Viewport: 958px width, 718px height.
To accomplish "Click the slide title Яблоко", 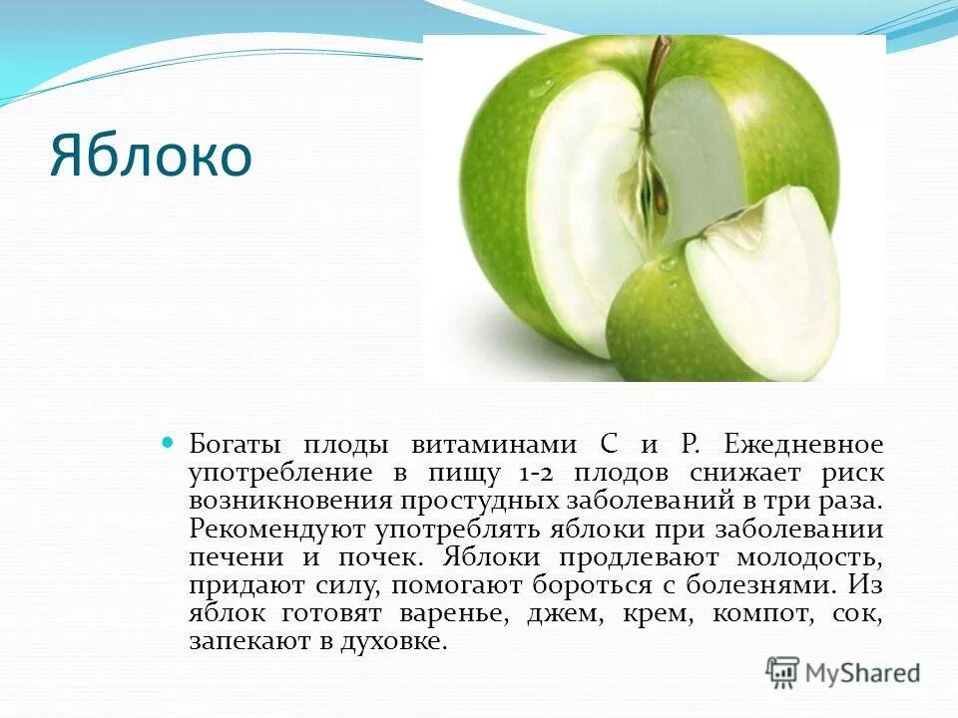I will tap(151, 159).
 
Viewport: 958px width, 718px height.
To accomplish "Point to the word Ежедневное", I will tap(803, 444).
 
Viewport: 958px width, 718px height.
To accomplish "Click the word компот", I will tap(757, 613).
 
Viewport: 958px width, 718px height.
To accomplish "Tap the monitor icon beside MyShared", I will tap(782, 672).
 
